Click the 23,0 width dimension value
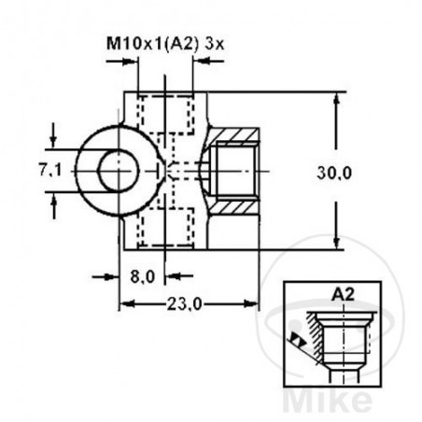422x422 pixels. click(x=187, y=303)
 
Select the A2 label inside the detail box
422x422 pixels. click(x=342, y=291)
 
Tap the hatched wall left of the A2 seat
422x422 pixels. click(x=320, y=331)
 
